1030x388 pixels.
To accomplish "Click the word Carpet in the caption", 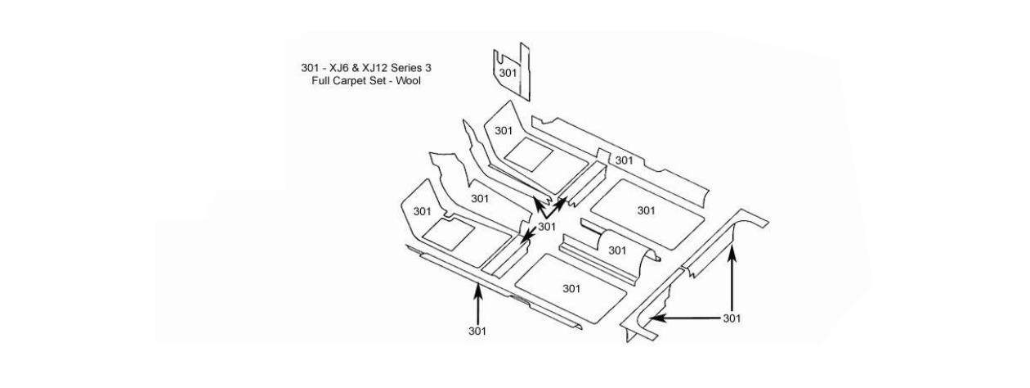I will (352, 80).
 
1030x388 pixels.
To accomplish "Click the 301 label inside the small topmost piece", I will (508, 74).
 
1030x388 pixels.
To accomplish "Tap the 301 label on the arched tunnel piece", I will (618, 250).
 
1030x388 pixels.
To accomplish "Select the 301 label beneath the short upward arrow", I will (477, 331).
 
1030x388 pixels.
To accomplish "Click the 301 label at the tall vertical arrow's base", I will (732, 318).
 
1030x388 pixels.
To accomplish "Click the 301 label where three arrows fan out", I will (548, 227).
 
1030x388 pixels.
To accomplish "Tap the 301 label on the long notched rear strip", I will (624, 161).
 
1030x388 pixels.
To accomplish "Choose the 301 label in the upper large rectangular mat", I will (647, 210).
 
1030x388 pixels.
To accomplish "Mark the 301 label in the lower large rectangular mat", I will (571, 288).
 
